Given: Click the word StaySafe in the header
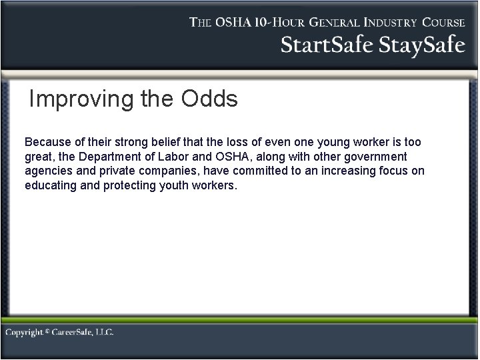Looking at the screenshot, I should tap(422, 45).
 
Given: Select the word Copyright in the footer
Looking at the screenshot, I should tap(25, 332).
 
